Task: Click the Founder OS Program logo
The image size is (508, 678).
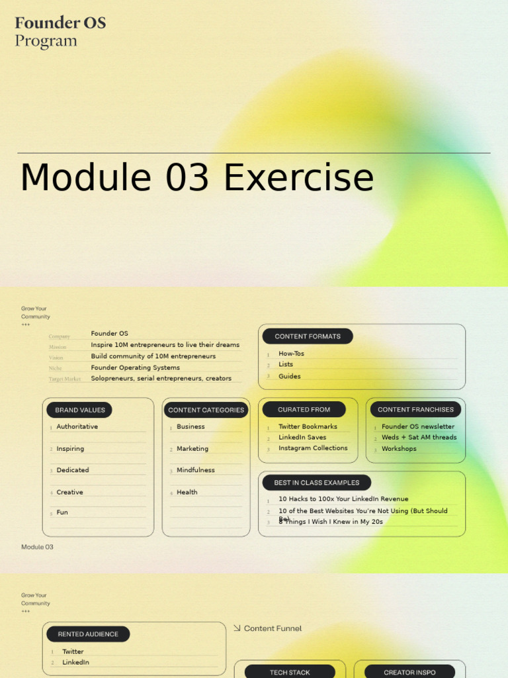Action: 60,32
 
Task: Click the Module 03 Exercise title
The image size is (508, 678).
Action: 197,178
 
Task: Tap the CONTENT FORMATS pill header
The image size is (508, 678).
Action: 308,336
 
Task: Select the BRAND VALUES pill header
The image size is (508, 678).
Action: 79,410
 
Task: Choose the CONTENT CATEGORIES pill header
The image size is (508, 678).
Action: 206,410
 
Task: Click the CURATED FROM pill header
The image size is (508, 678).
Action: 304,410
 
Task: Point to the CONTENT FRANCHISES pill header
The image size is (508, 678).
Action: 415,410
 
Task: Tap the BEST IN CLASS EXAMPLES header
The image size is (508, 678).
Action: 316,483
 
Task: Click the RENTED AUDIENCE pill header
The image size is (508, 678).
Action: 88,634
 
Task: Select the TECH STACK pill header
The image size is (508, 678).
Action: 290,672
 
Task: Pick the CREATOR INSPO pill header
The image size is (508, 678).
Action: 409,672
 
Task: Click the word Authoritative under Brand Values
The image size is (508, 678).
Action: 77,427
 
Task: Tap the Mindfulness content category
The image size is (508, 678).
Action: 195,470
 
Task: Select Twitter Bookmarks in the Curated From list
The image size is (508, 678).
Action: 308,427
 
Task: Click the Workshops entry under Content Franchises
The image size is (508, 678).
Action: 399,449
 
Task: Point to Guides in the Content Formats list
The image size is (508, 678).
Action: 289,376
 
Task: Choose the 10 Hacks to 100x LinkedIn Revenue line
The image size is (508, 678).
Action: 343,499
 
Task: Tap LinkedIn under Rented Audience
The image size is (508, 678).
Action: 75,662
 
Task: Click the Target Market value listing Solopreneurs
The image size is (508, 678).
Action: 161,379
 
